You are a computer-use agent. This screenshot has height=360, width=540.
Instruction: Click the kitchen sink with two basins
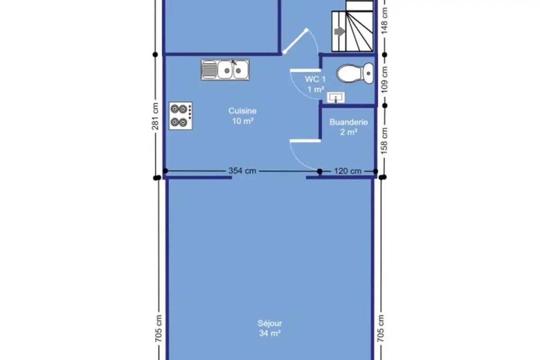pos(225,70)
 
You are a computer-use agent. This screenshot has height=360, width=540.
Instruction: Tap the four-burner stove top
pos(180,116)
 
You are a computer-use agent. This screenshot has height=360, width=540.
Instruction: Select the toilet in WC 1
pos(355,73)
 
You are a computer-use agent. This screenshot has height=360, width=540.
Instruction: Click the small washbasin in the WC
pos(336,97)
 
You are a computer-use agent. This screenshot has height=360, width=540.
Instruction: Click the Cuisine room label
pos(243,111)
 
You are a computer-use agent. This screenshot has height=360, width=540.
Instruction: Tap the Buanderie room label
pos(349,122)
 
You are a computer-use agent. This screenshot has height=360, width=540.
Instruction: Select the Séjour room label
pos(270,323)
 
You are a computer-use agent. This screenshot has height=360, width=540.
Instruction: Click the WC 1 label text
pos(315,79)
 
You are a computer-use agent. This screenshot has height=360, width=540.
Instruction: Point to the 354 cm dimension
pos(242,171)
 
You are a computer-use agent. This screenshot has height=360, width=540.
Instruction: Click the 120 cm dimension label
pos(347,171)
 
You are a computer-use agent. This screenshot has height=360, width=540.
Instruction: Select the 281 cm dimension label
pos(156,116)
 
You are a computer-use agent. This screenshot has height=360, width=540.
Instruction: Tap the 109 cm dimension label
pos(384,80)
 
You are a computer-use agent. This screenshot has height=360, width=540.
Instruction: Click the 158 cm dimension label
pos(384,141)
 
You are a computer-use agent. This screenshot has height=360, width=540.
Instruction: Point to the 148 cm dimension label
pos(384,21)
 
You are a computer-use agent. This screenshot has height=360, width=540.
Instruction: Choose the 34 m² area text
pos(270,333)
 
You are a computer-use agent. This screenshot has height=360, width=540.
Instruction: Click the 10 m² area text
pos(243,121)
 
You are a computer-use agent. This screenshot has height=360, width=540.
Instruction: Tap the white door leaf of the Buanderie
pos(305,141)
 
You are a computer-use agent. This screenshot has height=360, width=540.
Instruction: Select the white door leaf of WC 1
pos(306,70)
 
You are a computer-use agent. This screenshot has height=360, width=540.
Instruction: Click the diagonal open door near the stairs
pos(295,41)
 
